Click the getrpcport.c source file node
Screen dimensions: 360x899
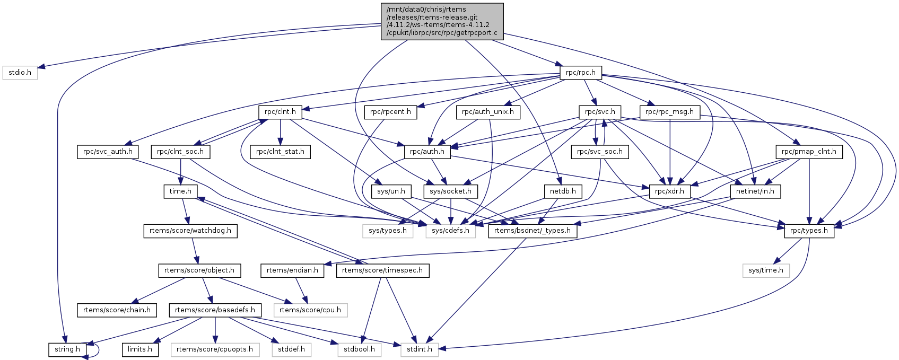pos(442,21)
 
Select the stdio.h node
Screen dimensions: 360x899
pos(20,72)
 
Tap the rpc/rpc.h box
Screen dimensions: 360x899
pos(581,72)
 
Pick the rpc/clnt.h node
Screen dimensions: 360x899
pos(280,112)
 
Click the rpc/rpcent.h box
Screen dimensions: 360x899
pos(391,112)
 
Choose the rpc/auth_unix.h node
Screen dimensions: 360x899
pos(488,112)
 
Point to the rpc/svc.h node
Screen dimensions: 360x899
pos(600,112)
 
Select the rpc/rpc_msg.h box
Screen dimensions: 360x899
pos(670,112)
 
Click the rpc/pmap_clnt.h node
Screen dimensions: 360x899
pos(809,152)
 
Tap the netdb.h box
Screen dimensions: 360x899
pos(563,191)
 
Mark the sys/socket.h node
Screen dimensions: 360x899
pos(451,191)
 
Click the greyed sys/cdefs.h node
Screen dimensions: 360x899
pos(450,231)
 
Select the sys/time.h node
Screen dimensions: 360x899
pos(766,270)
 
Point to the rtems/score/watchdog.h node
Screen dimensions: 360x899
pos(190,231)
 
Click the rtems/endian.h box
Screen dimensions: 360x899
pos(292,270)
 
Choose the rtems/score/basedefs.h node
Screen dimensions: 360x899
pos(215,310)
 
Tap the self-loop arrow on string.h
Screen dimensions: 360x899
pos(95,349)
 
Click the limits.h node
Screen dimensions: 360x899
pos(140,349)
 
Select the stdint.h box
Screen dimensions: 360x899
pos(420,349)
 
